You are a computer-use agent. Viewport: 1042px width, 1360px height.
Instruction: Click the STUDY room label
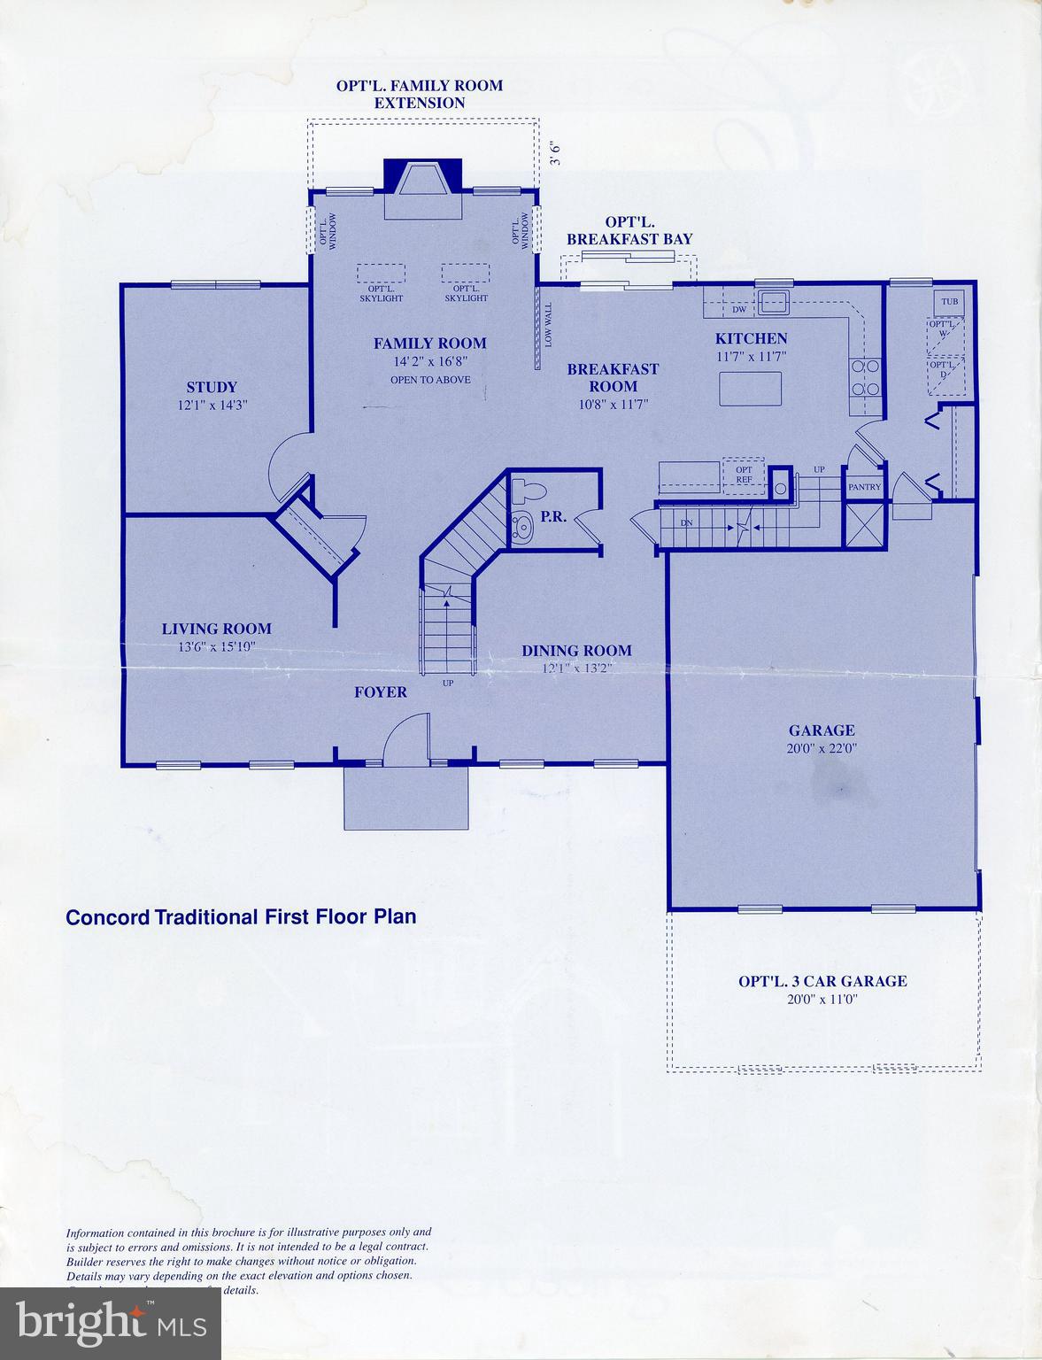[212, 387]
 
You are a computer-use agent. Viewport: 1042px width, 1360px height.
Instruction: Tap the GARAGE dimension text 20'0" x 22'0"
[822, 748]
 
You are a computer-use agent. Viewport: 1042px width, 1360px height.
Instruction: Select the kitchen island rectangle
[751, 389]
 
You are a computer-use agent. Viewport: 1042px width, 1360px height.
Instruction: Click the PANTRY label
[864, 487]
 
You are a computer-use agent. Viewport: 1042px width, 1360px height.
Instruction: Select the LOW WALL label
[548, 324]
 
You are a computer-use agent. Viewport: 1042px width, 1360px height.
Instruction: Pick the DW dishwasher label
[738, 310]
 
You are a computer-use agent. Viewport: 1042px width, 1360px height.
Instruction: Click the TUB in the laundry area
[950, 302]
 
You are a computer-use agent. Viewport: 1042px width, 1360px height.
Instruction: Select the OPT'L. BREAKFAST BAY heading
[629, 230]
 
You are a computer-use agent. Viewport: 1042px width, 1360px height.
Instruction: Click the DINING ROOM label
[576, 651]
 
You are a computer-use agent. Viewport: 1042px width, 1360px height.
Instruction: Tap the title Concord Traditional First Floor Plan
[241, 916]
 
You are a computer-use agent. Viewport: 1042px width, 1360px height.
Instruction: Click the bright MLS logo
[111, 1325]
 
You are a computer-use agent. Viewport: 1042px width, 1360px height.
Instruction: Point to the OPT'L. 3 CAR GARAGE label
[822, 981]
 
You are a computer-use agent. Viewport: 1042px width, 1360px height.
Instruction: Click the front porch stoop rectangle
[405, 797]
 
